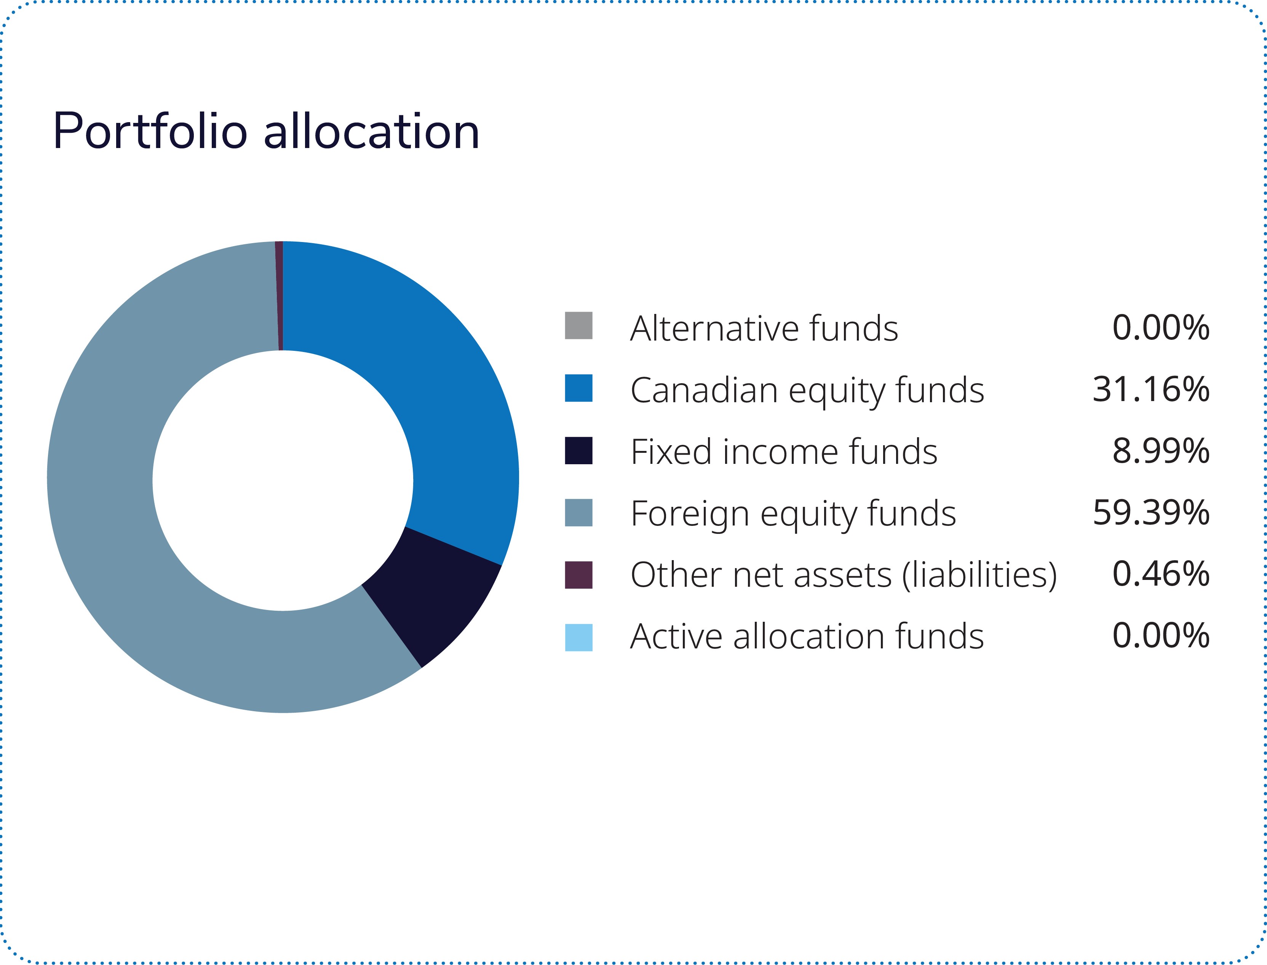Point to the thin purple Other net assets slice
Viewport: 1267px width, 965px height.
pyautogui.click(x=279, y=296)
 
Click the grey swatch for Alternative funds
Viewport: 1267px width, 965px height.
pyautogui.click(x=578, y=326)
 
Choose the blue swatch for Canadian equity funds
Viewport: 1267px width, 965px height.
pyautogui.click(x=578, y=388)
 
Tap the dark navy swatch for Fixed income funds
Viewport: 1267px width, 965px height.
pyautogui.click(x=578, y=450)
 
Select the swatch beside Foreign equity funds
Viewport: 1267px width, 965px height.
pyautogui.click(x=578, y=512)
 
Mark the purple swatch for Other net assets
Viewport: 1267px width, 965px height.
pyautogui.click(x=578, y=575)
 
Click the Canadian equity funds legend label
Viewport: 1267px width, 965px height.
pyautogui.click(x=807, y=390)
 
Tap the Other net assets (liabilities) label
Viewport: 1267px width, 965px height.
pyautogui.click(x=843, y=576)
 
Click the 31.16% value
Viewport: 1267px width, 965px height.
pyautogui.click(x=1151, y=389)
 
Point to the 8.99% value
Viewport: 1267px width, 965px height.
pyautogui.click(x=1161, y=451)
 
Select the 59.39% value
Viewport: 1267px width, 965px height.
pyautogui.click(x=1151, y=513)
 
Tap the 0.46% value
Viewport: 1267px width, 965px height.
pyautogui.click(x=1161, y=575)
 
